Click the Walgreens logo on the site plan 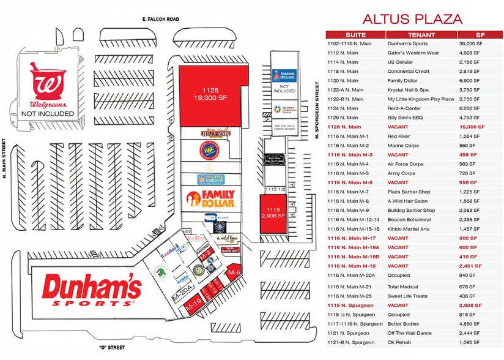tap(47, 86)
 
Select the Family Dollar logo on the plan tap(210, 198)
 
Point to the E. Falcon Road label tap(145, 20)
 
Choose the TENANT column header tap(421, 35)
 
